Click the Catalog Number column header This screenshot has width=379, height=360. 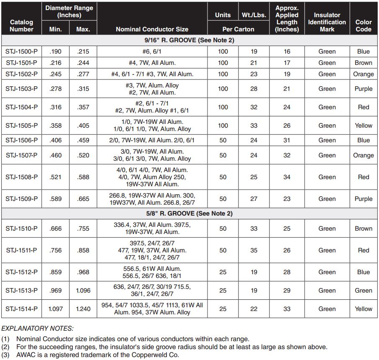tap(21, 26)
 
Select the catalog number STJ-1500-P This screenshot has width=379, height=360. tap(21, 51)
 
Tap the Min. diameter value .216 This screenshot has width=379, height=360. tap(55, 63)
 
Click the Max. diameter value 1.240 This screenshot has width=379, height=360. tap(83, 309)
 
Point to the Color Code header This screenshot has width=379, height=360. tap(363, 26)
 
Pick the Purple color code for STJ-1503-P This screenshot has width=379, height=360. tap(363, 89)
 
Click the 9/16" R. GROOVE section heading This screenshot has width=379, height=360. tap(189, 40)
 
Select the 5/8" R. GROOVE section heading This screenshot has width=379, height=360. tap(189, 213)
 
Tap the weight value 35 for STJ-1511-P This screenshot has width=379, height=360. tap(254, 250)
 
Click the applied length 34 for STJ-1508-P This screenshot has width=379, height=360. tap(287, 177)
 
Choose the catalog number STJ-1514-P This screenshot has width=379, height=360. tap(21, 309)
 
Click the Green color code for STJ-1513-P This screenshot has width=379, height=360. tap(363, 291)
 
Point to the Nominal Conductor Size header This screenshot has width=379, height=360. tap(152, 29)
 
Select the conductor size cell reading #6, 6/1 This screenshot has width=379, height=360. tap(152, 51)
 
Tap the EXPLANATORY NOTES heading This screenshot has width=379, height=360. tap(37, 328)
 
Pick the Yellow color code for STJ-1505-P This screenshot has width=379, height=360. tap(363, 126)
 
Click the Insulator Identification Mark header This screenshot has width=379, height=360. tap(327, 22)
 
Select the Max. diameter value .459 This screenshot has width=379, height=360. tap(83, 140)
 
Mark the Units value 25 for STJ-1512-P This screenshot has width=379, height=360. tap(223, 272)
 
